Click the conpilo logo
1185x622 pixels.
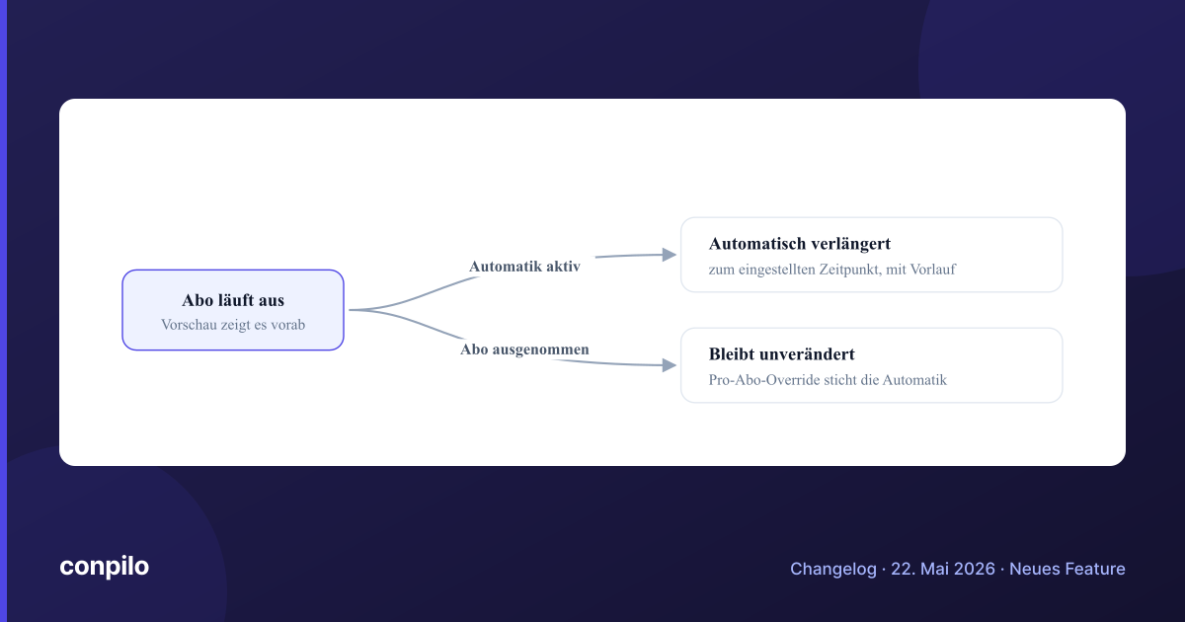pos(105,567)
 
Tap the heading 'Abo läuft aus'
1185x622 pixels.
pos(233,300)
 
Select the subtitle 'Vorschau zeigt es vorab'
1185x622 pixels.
pos(233,324)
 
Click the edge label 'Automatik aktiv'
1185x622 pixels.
pos(524,266)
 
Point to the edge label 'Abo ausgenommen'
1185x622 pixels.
pos(524,350)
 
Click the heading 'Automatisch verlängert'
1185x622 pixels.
pos(800,244)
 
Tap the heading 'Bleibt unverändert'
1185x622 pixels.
pos(782,354)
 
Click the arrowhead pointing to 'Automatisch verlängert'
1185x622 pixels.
pos(670,255)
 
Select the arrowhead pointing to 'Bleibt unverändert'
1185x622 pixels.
pos(670,365)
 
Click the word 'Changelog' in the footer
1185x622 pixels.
pos(833,569)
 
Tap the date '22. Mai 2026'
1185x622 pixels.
pos(943,569)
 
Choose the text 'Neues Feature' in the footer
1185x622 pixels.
pos(1067,569)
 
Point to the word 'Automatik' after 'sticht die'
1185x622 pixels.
pos(914,380)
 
